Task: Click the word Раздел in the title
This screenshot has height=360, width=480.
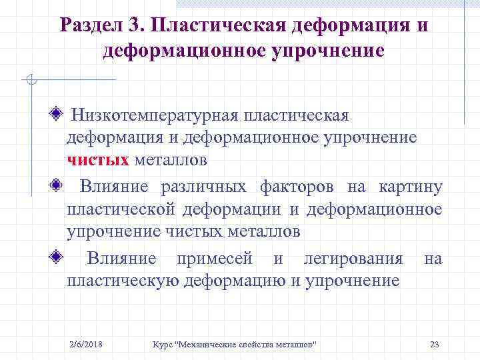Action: [91, 26]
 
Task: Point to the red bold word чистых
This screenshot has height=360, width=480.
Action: [98, 160]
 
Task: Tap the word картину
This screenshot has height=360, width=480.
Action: [410, 187]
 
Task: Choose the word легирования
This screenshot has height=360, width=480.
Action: [353, 259]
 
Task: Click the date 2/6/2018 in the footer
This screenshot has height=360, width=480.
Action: [89, 344]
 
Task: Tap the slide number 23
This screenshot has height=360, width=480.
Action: [435, 344]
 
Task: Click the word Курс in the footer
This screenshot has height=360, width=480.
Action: [162, 344]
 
